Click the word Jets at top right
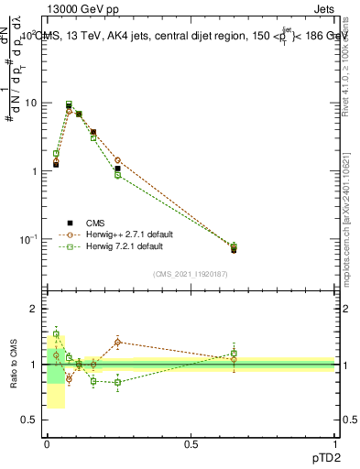[325, 7]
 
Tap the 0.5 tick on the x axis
[191, 444]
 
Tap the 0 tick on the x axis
[46, 444]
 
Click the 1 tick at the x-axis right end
[335, 444]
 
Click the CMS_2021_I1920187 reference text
[191, 273]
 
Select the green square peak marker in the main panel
[69, 104]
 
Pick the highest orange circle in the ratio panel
[117, 342]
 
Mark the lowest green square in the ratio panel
[117, 382]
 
